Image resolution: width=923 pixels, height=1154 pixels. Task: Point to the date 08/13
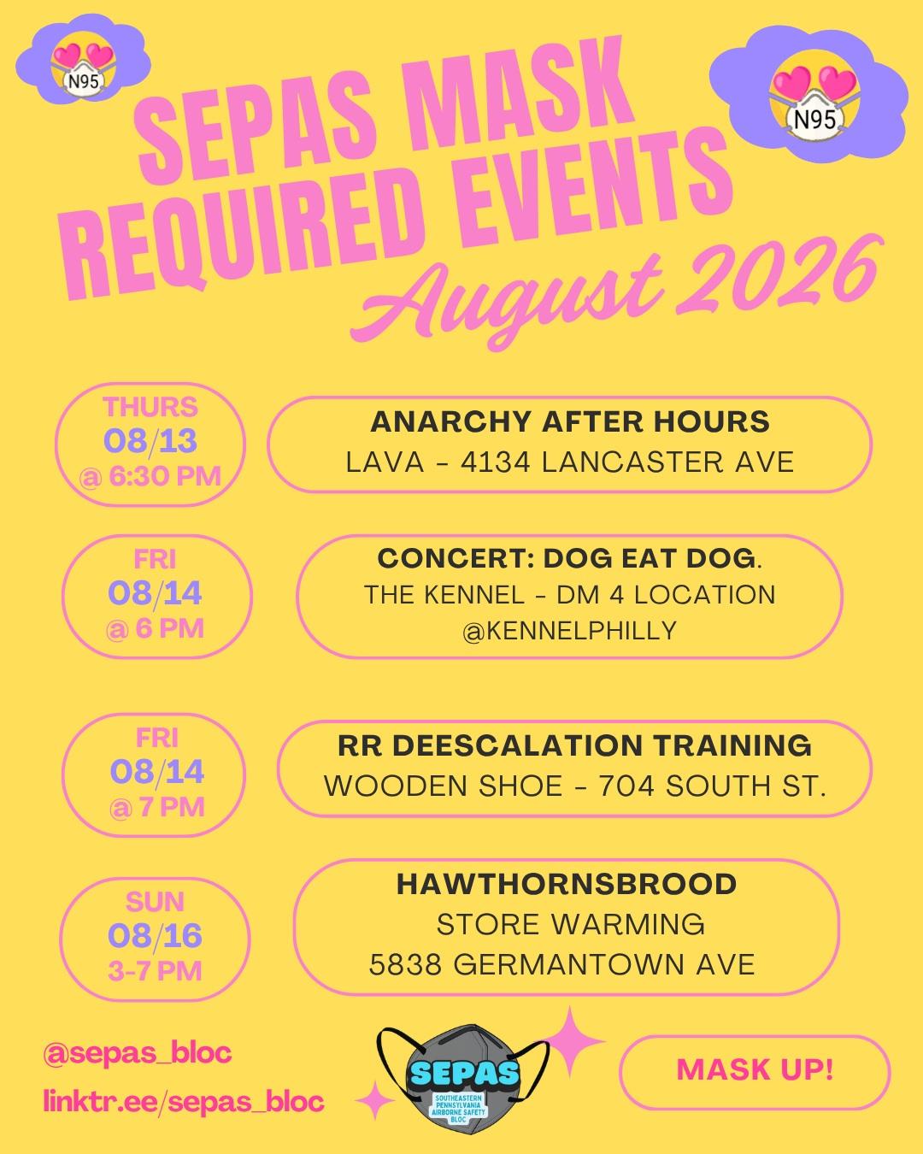(150, 441)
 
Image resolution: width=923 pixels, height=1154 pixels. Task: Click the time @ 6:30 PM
(150, 476)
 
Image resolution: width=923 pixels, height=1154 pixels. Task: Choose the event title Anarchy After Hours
(570, 421)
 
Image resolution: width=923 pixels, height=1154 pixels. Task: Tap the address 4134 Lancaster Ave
(627, 462)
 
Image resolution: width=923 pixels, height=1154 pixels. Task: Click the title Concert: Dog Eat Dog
(570, 559)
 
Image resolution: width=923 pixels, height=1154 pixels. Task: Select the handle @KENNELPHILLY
(569, 631)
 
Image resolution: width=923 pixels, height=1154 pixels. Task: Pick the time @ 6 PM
(155, 628)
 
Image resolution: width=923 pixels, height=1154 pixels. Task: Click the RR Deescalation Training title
(574, 745)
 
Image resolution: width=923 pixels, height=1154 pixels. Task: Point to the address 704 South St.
(712, 786)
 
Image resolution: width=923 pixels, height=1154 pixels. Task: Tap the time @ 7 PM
(156, 807)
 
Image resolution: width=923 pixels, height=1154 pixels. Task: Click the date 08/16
(155, 936)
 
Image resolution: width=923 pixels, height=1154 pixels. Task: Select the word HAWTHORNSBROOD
(567, 884)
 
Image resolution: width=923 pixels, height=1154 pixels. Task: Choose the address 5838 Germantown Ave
(562, 964)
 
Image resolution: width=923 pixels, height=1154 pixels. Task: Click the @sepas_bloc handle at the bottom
(138, 1053)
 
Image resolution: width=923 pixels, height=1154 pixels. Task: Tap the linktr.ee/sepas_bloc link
(184, 1102)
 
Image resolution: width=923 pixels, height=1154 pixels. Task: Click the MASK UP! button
(755, 1070)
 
